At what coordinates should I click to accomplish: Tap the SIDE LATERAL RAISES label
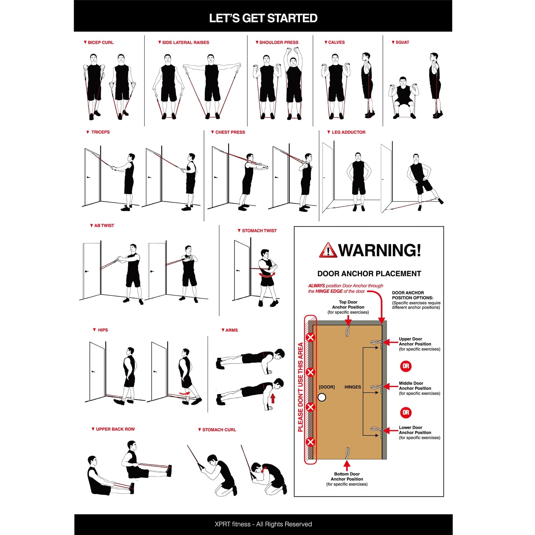point(185,43)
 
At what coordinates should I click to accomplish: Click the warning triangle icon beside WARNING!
point(328,251)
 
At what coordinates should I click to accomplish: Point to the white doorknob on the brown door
point(322,397)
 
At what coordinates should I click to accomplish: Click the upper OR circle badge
point(406,366)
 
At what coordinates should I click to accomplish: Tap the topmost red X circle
point(310,337)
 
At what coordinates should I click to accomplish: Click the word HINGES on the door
point(352,387)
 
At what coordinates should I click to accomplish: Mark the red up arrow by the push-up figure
point(273,398)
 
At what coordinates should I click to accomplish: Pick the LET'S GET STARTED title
point(263,18)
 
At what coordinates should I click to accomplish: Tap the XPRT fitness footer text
point(263,524)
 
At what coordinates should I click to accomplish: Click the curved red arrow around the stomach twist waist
point(267,275)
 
